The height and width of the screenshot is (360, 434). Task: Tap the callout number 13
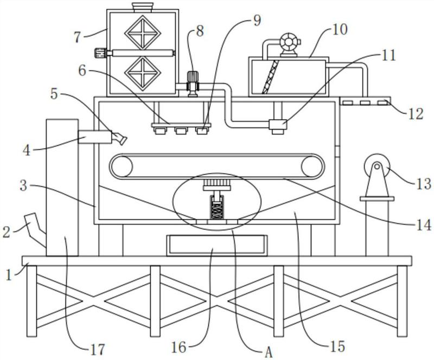(x=423, y=184)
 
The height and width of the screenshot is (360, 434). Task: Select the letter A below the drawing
(x=269, y=352)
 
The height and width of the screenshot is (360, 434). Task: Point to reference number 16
(x=178, y=348)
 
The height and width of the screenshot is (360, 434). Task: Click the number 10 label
(x=340, y=30)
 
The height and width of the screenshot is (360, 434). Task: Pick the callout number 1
(x=9, y=275)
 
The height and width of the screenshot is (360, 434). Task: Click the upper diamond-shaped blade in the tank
(x=143, y=33)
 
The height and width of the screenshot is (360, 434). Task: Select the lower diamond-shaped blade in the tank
(x=143, y=74)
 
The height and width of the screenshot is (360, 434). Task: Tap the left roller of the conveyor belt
(x=121, y=167)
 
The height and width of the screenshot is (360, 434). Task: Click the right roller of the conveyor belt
(x=312, y=167)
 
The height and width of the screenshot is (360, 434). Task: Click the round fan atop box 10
(x=290, y=43)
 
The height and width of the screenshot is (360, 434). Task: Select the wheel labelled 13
(x=376, y=167)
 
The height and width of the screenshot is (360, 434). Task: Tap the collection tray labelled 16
(x=216, y=246)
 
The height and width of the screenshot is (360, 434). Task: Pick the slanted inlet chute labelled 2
(x=35, y=229)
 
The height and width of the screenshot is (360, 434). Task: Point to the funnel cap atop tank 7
(x=143, y=8)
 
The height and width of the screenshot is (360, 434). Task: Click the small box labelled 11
(x=278, y=126)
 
